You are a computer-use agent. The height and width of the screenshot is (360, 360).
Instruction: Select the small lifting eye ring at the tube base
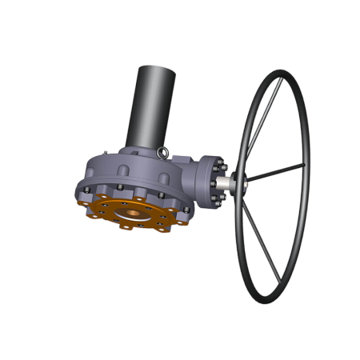[x=163, y=152]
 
